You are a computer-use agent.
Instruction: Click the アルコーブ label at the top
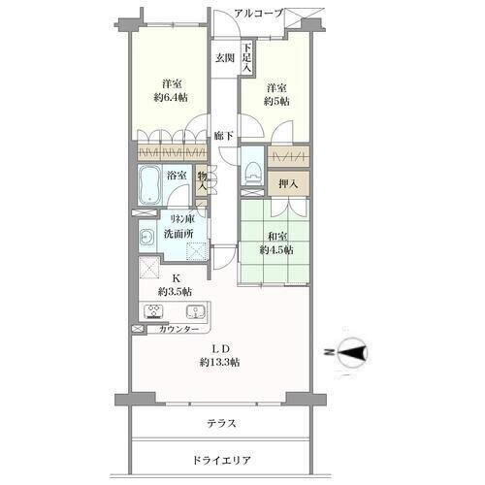coord(258,14)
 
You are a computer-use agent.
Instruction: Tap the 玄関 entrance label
coord(225,58)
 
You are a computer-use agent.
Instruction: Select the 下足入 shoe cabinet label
coord(247,58)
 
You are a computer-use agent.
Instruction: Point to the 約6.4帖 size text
coord(171,97)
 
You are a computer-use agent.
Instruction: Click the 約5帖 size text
coord(276,101)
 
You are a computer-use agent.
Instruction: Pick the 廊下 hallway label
coord(224,136)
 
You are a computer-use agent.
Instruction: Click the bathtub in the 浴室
coord(149,185)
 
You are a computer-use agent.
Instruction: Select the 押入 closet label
coord(288,183)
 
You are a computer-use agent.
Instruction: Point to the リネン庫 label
coord(182,220)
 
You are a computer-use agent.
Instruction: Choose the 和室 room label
coord(277,237)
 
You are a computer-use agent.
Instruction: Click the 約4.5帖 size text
coord(276,250)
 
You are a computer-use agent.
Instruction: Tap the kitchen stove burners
coord(153,312)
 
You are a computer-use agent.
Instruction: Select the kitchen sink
coord(196,311)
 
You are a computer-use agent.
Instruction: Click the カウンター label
coord(178,329)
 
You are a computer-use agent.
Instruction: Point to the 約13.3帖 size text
coord(220,363)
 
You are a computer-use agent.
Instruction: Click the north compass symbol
coord(351,352)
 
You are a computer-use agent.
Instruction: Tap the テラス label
coord(221,424)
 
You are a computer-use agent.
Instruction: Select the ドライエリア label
coord(221,460)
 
